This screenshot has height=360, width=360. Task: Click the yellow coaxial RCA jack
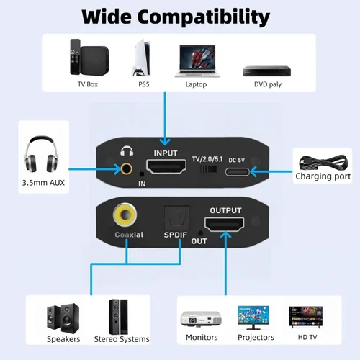point(125,215)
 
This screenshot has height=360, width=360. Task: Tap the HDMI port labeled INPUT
point(166,166)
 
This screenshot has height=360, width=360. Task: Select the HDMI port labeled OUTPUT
point(224,224)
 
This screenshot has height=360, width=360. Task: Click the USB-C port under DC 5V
point(238,172)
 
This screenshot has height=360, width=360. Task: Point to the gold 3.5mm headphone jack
point(126,168)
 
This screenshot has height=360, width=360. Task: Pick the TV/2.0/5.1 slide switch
point(208,169)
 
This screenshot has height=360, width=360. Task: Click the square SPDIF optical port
point(176,218)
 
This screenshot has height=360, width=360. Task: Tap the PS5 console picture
point(142,58)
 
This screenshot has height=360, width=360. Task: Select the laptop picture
point(197,61)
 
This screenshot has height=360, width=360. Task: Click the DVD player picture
point(267,71)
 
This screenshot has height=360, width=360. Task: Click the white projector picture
point(201,319)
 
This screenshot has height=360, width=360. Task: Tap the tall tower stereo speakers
point(118,317)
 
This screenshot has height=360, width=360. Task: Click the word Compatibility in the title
point(204,17)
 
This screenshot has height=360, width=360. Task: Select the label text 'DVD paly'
point(268,84)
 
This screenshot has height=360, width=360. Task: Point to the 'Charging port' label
point(323,176)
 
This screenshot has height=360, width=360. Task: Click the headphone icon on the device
point(127,151)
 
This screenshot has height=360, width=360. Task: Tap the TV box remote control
point(75,57)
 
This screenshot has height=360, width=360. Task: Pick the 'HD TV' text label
point(307,337)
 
